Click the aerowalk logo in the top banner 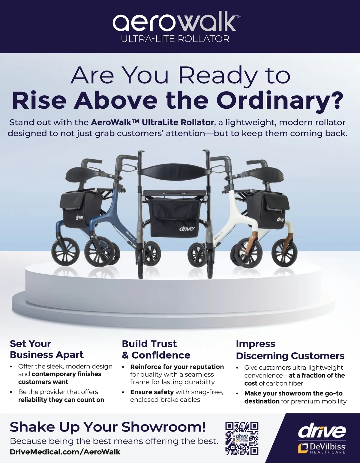(177, 22)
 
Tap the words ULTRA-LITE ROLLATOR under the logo (175, 39)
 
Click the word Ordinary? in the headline (280, 100)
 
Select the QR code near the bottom (242, 438)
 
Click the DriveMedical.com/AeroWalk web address (65, 452)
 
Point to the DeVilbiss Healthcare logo (322, 448)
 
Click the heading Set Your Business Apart (47, 349)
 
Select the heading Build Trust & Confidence (156, 350)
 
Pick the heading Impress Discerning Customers (290, 350)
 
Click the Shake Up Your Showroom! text (108, 427)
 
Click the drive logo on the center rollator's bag (187, 229)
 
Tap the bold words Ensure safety (152, 392)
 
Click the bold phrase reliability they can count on (61, 400)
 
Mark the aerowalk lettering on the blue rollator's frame (130, 236)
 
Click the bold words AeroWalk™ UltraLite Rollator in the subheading (152, 122)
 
